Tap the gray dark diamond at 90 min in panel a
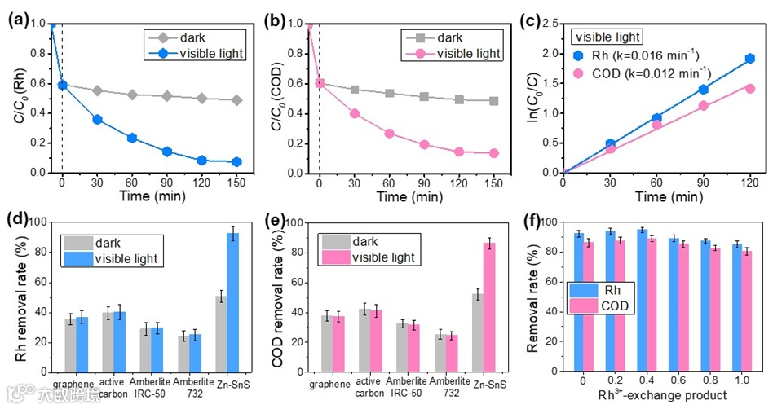167,96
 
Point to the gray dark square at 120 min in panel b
459,99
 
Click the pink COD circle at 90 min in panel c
703,105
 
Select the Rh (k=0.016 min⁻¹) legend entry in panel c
637,55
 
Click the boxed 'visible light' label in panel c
607,36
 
